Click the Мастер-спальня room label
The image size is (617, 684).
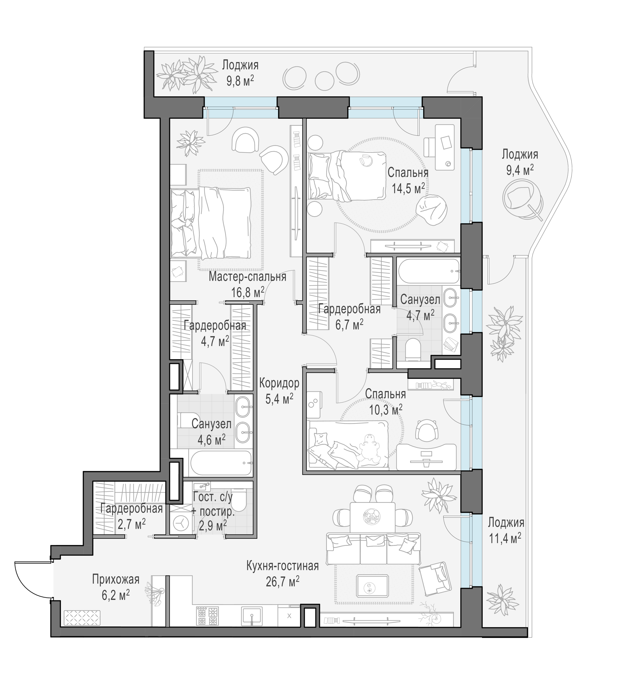pos(247,277)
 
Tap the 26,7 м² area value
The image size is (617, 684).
pos(283,582)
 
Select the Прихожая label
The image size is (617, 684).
pos(116,579)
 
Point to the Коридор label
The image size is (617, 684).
pos(279,383)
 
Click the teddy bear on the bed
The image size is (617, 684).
pos(370,448)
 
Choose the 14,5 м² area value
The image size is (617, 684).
pos(408,188)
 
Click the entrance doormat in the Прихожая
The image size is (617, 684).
pos(82,618)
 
